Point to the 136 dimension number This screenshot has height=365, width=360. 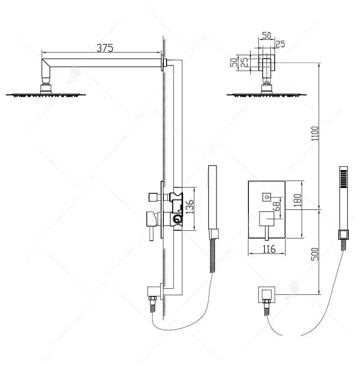coord(188,208)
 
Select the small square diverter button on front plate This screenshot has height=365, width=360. coord(267,197)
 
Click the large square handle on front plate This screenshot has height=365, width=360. coord(267,220)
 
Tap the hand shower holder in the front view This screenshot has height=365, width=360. coord(342,235)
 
